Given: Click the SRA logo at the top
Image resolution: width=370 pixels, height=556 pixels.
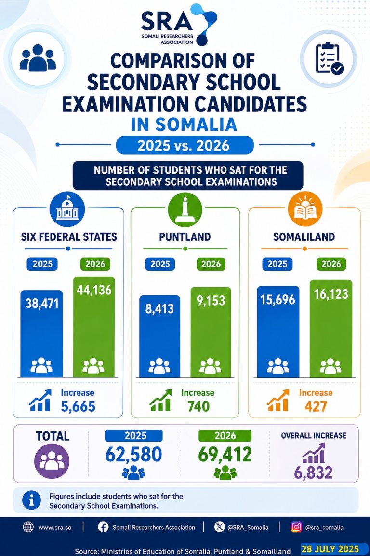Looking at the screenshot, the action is coord(179,25).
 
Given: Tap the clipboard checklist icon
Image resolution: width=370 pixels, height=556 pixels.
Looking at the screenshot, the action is coord(329,58).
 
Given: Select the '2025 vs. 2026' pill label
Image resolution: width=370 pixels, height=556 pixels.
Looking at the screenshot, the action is coord(185,145).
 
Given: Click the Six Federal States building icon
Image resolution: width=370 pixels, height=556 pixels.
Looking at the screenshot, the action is coord(67,209).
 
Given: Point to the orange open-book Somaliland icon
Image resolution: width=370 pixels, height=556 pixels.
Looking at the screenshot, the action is coord(305,209).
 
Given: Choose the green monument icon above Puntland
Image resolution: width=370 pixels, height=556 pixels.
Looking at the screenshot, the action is coord(185,209).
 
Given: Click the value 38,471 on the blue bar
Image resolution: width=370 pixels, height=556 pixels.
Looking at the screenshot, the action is coord(42,304).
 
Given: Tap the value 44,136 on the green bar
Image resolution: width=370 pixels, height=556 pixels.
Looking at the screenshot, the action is coord(94,290).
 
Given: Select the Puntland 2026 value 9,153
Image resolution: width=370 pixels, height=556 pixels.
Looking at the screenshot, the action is coord(211,301).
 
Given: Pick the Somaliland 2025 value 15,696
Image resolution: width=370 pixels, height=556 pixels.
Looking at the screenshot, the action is coord(277,300).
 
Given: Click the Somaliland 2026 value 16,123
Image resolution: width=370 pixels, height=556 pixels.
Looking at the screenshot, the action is coord(331,294).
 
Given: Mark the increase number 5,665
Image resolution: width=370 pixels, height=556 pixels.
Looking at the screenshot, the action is coord(78,406).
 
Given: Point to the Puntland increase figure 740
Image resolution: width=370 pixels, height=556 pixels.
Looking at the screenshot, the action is coord(198,406).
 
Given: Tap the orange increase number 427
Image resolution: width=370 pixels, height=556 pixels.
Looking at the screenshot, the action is coord(316,406).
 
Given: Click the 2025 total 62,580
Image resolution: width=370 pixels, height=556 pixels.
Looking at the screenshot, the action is coord(133,455).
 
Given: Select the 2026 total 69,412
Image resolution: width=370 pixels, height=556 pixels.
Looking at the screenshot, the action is coord(225,455).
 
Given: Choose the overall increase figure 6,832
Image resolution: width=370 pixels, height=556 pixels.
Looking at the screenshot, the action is coord(313,473).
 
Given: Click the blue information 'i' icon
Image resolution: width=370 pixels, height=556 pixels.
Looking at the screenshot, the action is coord(31,500).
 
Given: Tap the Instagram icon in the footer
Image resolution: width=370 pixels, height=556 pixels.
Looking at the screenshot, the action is coord(296,527).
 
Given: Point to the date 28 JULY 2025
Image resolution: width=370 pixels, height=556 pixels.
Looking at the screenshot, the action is coord(330,549).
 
